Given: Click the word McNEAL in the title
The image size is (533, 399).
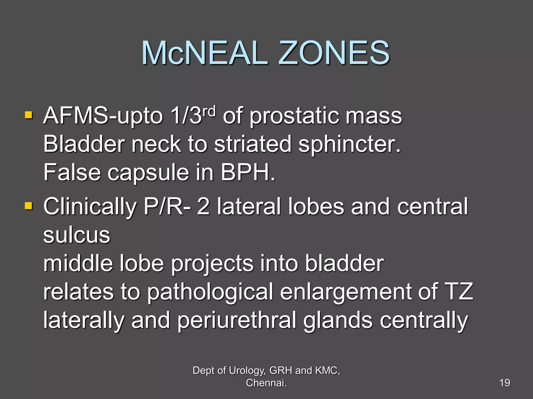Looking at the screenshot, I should (204, 53).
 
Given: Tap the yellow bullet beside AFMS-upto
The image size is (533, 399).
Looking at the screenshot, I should (29, 115).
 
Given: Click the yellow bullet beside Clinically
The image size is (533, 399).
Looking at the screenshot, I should (29, 206).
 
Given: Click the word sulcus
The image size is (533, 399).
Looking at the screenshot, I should (77, 235).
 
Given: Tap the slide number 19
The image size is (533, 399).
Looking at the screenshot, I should (505, 383).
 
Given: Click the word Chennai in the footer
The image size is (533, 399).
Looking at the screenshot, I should (266, 383).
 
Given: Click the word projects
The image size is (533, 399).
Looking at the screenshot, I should (212, 264).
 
